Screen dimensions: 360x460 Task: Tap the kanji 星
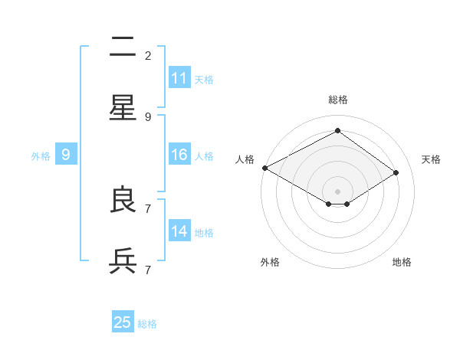tap(123, 109)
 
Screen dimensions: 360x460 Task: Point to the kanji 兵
tap(123, 262)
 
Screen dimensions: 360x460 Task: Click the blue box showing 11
tap(179, 78)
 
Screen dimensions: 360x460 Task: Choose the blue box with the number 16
tap(179, 155)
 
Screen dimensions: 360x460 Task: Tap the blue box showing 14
tap(179, 231)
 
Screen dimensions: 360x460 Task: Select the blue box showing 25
tap(123, 322)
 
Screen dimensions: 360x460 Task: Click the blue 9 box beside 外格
tap(66, 155)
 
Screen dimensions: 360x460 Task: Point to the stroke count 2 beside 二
tap(148, 55)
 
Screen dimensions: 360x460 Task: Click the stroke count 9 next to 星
tap(148, 116)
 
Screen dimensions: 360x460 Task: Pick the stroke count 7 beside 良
tap(148, 208)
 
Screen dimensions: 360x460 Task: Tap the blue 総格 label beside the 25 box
tap(147, 324)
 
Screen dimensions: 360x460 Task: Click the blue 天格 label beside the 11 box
tap(204, 79)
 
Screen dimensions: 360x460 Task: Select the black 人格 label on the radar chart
tap(245, 159)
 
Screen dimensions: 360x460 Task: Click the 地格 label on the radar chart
tap(402, 262)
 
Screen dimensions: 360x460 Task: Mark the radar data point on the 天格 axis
tap(396, 173)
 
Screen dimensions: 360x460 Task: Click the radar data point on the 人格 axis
tap(264, 168)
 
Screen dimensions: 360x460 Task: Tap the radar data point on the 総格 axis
tap(337, 131)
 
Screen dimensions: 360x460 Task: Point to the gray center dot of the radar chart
tap(337, 191)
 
